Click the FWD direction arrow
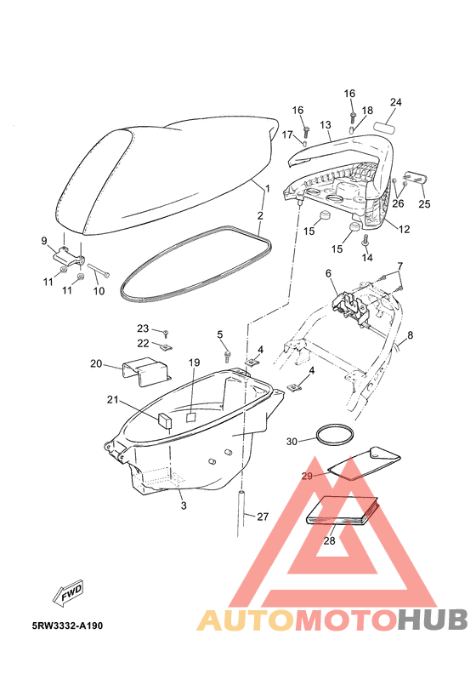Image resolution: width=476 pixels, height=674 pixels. (68, 593)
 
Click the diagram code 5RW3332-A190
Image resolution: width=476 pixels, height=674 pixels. (67, 625)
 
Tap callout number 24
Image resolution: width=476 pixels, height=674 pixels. (396, 102)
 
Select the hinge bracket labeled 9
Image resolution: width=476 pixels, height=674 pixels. (68, 257)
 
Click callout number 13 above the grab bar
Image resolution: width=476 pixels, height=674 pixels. (326, 125)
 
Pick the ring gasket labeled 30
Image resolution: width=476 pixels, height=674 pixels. (335, 433)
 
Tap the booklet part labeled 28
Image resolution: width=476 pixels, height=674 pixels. (342, 511)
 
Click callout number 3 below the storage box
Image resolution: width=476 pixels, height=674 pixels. (184, 505)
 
